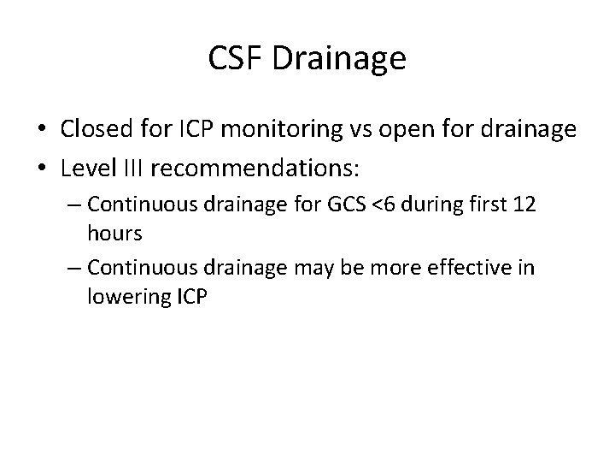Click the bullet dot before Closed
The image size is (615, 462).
click(43, 130)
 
